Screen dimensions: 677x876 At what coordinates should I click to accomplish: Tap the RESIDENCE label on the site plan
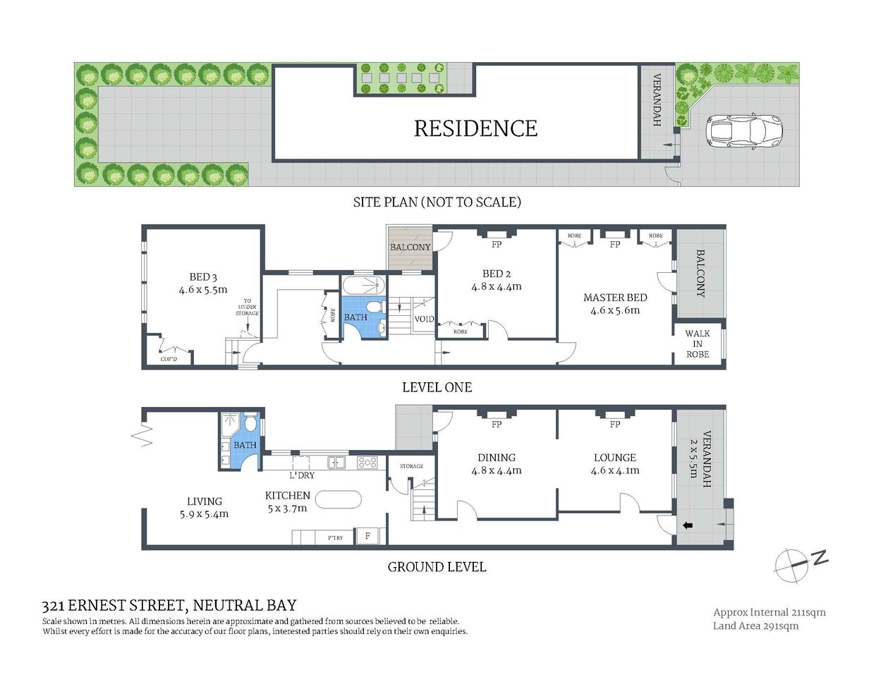475,128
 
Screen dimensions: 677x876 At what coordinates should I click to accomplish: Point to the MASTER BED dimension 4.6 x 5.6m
615,310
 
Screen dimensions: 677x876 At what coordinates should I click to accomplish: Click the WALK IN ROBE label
698,344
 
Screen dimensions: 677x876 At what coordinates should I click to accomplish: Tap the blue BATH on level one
355,317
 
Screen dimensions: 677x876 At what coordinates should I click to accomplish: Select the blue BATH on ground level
245,445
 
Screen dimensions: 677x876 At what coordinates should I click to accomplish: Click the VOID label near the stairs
424,319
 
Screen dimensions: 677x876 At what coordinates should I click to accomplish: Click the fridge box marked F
367,536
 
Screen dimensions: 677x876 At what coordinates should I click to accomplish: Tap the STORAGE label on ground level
411,466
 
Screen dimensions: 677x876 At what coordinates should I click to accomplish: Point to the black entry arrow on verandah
688,525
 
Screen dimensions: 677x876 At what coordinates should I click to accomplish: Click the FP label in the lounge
615,425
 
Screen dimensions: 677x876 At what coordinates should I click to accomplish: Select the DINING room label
497,458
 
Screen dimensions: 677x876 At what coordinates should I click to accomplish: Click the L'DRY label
302,475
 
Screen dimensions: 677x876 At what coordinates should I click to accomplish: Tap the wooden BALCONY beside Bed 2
410,247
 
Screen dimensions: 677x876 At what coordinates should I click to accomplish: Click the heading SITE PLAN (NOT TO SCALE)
437,202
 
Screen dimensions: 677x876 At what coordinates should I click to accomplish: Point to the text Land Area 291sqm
755,626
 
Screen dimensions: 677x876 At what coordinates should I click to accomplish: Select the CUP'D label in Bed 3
169,359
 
